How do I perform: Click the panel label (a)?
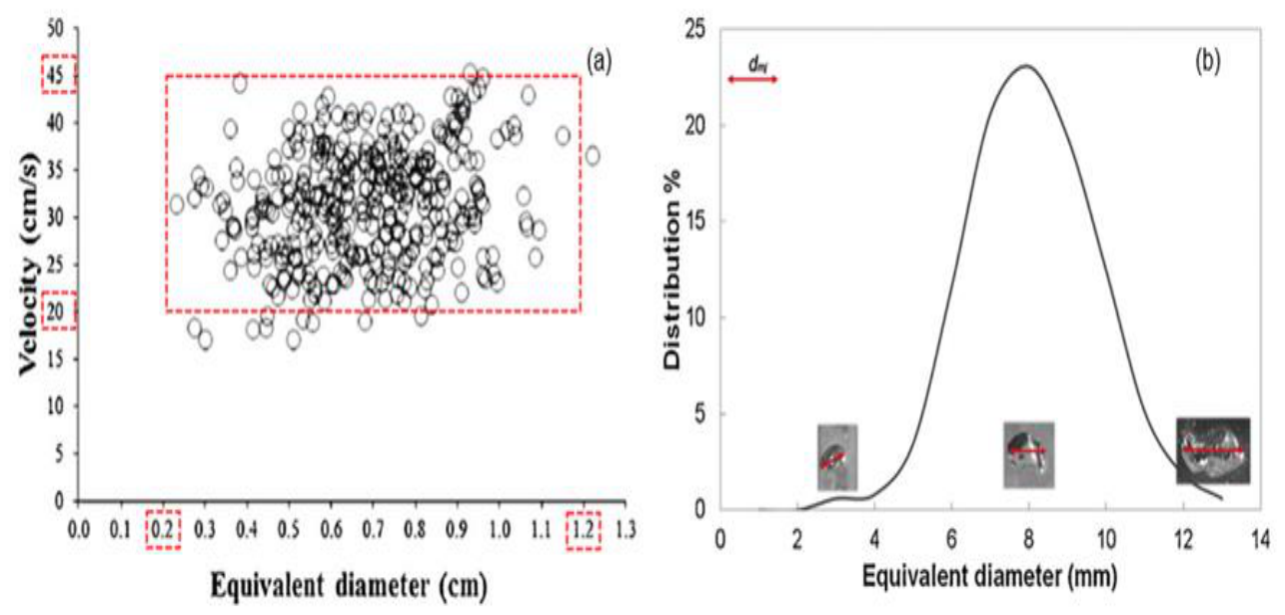click(599, 62)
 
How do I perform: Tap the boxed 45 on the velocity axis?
click(59, 75)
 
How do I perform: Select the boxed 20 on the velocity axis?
click(59, 310)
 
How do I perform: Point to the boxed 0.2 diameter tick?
click(163, 529)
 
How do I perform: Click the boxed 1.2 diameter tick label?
click(584, 529)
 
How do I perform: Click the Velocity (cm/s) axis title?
click(29, 265)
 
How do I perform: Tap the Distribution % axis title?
click(671, 270)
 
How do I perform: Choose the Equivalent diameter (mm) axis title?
click(990, 576)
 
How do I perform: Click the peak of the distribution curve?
click(1026, 65)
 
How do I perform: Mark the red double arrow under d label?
click(752, 79)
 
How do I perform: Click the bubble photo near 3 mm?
click(837, 457)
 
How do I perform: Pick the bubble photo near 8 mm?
click(1028, 455)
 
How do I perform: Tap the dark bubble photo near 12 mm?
click(1213, 450)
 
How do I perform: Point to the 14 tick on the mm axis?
click(1260, 540)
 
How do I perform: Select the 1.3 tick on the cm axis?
click(626, 529)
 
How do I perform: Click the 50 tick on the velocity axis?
click(55, 29)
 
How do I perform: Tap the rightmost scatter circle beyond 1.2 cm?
click(593, 156)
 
